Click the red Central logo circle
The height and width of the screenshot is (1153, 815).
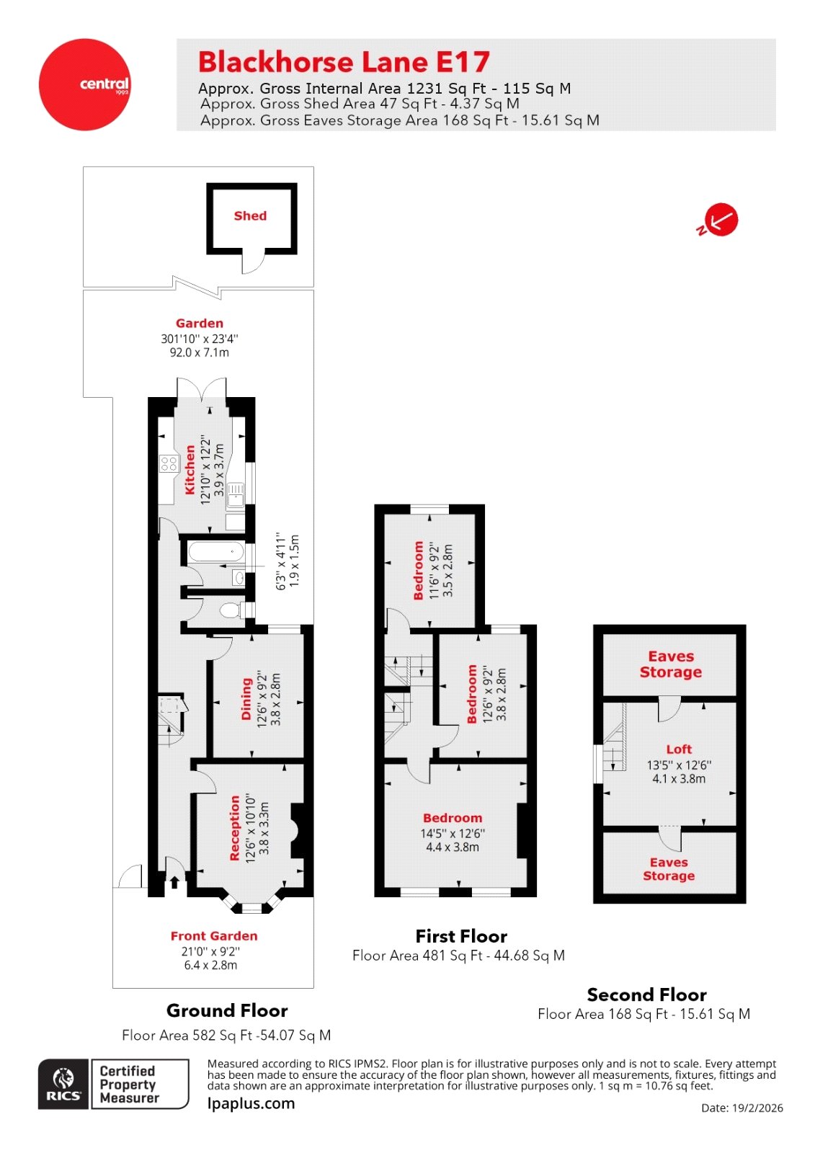[85, 84]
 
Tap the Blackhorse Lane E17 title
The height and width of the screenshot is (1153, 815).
[344, 63]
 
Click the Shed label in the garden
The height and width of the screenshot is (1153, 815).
[250, 215]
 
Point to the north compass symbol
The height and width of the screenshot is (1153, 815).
[719, 221]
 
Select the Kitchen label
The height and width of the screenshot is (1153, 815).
[190, 470]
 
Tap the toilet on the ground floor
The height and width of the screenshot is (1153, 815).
[231, 611]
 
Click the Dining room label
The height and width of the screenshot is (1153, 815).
[246, 698]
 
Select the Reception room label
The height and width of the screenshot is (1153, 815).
[235, 828]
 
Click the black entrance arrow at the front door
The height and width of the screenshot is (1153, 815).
[174, 882]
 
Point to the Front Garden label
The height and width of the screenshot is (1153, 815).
[214, 936]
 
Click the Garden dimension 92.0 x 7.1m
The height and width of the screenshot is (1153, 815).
[200, 352]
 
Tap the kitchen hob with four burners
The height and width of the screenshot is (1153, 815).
[169, 463]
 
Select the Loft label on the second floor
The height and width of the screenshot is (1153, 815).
[679, 749]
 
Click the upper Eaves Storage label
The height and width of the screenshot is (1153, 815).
[671, 664]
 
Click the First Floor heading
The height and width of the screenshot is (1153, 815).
[461, 936]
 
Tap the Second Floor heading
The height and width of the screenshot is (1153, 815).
[646, 994]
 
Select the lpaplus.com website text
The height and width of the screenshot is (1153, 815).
[251, 1103]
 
